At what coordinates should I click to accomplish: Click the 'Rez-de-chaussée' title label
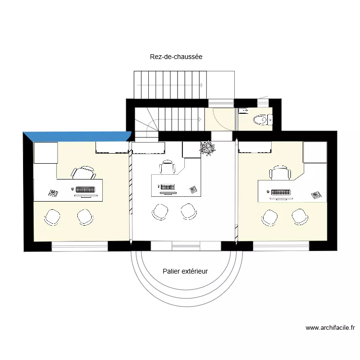176,57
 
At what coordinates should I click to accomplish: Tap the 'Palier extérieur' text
185,271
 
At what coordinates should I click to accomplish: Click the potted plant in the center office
208,149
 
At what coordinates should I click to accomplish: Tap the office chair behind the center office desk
168,167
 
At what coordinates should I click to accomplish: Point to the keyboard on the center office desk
167,187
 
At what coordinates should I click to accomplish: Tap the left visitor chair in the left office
52,217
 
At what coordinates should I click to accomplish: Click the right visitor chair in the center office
188,211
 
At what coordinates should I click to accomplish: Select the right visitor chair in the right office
300,216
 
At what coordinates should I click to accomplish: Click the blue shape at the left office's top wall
77,136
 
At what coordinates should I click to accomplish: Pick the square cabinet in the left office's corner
45,153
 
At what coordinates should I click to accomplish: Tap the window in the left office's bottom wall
80,246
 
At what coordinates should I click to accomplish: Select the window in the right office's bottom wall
281,246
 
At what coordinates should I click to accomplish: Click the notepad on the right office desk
315,195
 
